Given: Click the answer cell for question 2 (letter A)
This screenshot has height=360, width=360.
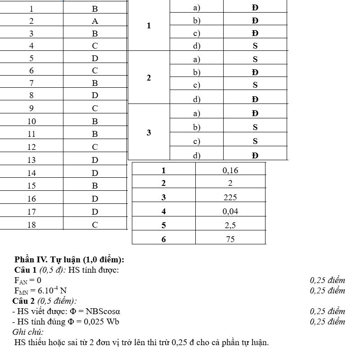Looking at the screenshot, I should point(94,21).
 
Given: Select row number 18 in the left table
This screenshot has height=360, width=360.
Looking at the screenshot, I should point(31,225).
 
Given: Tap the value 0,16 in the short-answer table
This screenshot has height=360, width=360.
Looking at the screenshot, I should point(230,171).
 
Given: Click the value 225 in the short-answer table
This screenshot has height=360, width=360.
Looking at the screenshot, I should point(230,198).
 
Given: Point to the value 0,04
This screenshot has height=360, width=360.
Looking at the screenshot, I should point(230,211).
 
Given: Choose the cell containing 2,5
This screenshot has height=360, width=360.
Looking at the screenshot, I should point(230,225).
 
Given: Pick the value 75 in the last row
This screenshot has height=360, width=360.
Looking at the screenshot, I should point(230,239).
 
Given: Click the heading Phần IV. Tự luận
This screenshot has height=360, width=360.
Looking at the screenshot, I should point(69,260).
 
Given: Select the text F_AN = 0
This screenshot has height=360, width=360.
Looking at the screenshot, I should point(28,280).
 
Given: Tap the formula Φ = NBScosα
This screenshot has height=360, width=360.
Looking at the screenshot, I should point(94,311).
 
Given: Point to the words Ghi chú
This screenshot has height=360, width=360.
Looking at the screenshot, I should point(28,332).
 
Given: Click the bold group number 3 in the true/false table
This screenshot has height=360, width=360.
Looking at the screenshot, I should point(148,133).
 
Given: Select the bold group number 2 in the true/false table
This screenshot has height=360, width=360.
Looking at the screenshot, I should point(148,78).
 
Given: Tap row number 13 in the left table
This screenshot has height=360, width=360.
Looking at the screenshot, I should point(31,160).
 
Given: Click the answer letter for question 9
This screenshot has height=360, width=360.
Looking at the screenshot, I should point(94,108).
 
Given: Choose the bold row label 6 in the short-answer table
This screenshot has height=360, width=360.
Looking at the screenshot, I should point(163,239).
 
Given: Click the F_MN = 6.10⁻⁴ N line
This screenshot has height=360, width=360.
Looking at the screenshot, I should point(40,291).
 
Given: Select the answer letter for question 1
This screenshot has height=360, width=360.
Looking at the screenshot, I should point(94,9).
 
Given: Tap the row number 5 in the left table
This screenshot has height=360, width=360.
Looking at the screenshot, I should point(31,58).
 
